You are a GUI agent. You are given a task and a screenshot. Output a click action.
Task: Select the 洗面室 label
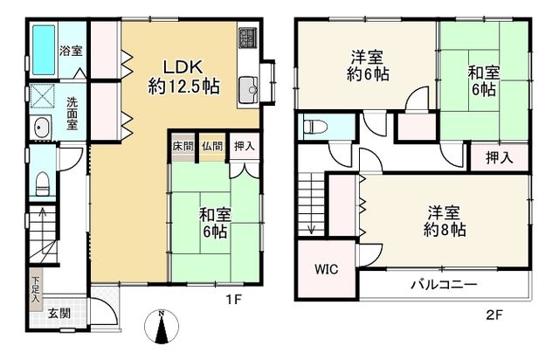[x=72, y=113]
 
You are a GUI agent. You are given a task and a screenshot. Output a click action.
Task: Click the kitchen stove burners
[x=246, y=38]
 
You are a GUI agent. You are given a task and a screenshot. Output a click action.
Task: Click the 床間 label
[x=182, y=146]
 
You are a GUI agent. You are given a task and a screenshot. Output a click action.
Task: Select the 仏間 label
[x=211, y=146]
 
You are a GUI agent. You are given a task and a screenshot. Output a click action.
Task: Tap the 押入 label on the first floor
[x=245, y=146]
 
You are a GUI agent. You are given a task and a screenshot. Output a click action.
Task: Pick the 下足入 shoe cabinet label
[x=36, y=289]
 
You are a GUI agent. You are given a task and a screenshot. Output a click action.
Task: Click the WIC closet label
[x=327, y=268]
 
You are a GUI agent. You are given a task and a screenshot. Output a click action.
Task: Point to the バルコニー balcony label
[x=444, y=285]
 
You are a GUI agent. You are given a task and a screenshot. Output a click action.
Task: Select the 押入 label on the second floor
[x=500, y=158]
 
